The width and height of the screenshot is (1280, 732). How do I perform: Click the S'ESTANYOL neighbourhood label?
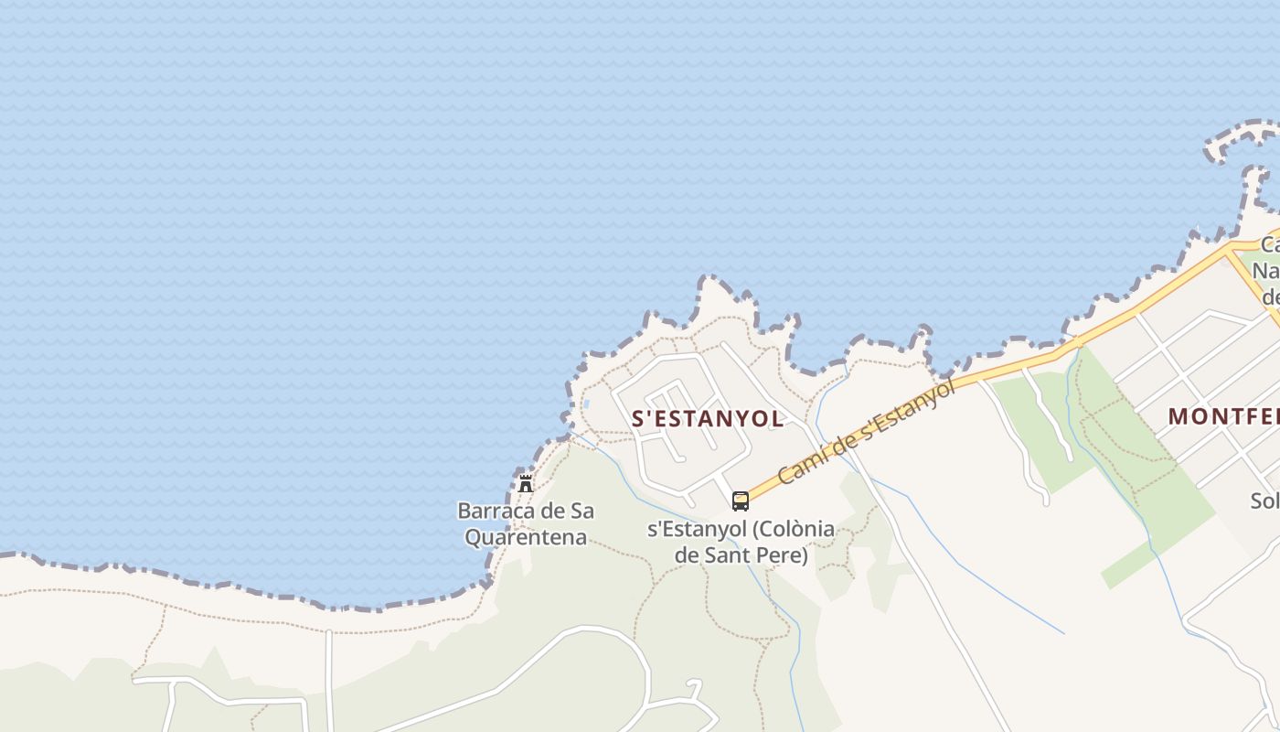708,419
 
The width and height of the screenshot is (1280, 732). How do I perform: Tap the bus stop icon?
741,501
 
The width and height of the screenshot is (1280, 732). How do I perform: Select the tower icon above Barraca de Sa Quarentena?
525,484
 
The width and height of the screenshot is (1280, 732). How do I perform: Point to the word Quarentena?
526,537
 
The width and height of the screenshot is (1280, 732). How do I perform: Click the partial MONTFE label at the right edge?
1223,416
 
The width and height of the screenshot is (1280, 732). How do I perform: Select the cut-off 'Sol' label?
1265,501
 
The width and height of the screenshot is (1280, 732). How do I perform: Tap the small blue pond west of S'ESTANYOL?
585,404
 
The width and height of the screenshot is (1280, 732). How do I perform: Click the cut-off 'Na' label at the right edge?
1267,271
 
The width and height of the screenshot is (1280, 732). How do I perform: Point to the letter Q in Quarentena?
474,537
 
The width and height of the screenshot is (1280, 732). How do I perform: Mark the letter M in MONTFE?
1178,416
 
